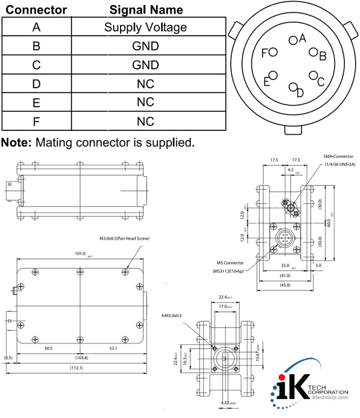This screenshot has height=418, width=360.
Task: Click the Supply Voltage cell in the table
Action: tap(145, 27)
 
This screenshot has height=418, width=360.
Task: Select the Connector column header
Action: tap(36, 10)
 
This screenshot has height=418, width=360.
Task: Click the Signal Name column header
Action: tap(146, 10)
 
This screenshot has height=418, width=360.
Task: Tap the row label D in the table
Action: tap(36, 84)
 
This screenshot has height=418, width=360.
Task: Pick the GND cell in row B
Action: tap(145, 46)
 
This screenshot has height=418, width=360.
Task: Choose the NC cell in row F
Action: tap(145, 121)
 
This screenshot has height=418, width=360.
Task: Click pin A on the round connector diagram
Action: tap(293, 39)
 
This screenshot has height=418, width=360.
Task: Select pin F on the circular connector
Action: tap(272, 52)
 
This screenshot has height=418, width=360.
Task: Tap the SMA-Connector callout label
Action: tap(338, 157)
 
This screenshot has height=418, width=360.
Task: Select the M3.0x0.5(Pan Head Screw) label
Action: tap(124, 238)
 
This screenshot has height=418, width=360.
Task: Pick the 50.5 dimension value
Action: tap(49, 349)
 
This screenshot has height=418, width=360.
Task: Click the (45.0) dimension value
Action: tap(284, 284)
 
